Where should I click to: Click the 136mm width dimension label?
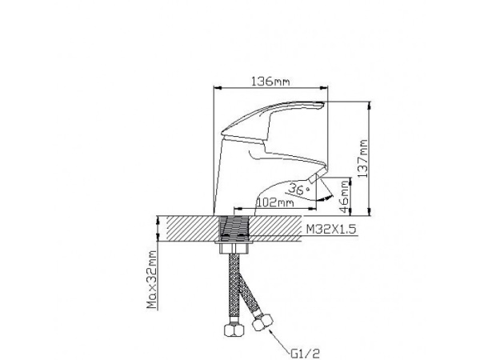tap(270, 82)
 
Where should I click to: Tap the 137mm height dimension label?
tap(362, 158)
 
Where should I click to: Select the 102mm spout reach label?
tap(275, 202)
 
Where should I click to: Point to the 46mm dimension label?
tap(344, 197)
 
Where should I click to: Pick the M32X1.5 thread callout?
tap(331, 229)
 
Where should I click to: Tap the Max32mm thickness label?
tap(152, 279)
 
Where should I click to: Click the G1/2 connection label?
tap(306, 354)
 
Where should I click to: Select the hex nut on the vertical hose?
tap(234, 330)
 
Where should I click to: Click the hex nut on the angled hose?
tap(262, 322)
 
